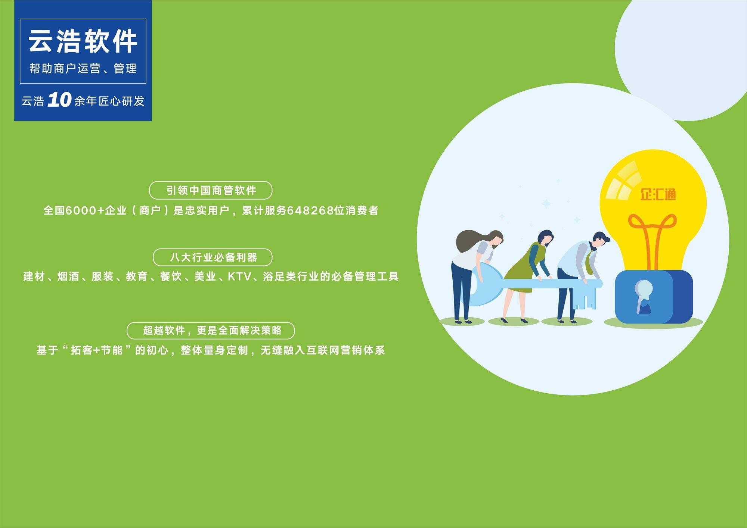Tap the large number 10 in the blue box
point(59,100)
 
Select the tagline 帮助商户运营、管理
point(83,68)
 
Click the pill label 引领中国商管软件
point(211,190)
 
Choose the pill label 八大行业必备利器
point(213,257)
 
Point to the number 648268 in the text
point(310,210)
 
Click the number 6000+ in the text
point(85,210)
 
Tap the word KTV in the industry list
point(239,277)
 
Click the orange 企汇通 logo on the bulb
point(658,194)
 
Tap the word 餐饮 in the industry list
point(171,277)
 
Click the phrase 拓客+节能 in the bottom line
point(97,350)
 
